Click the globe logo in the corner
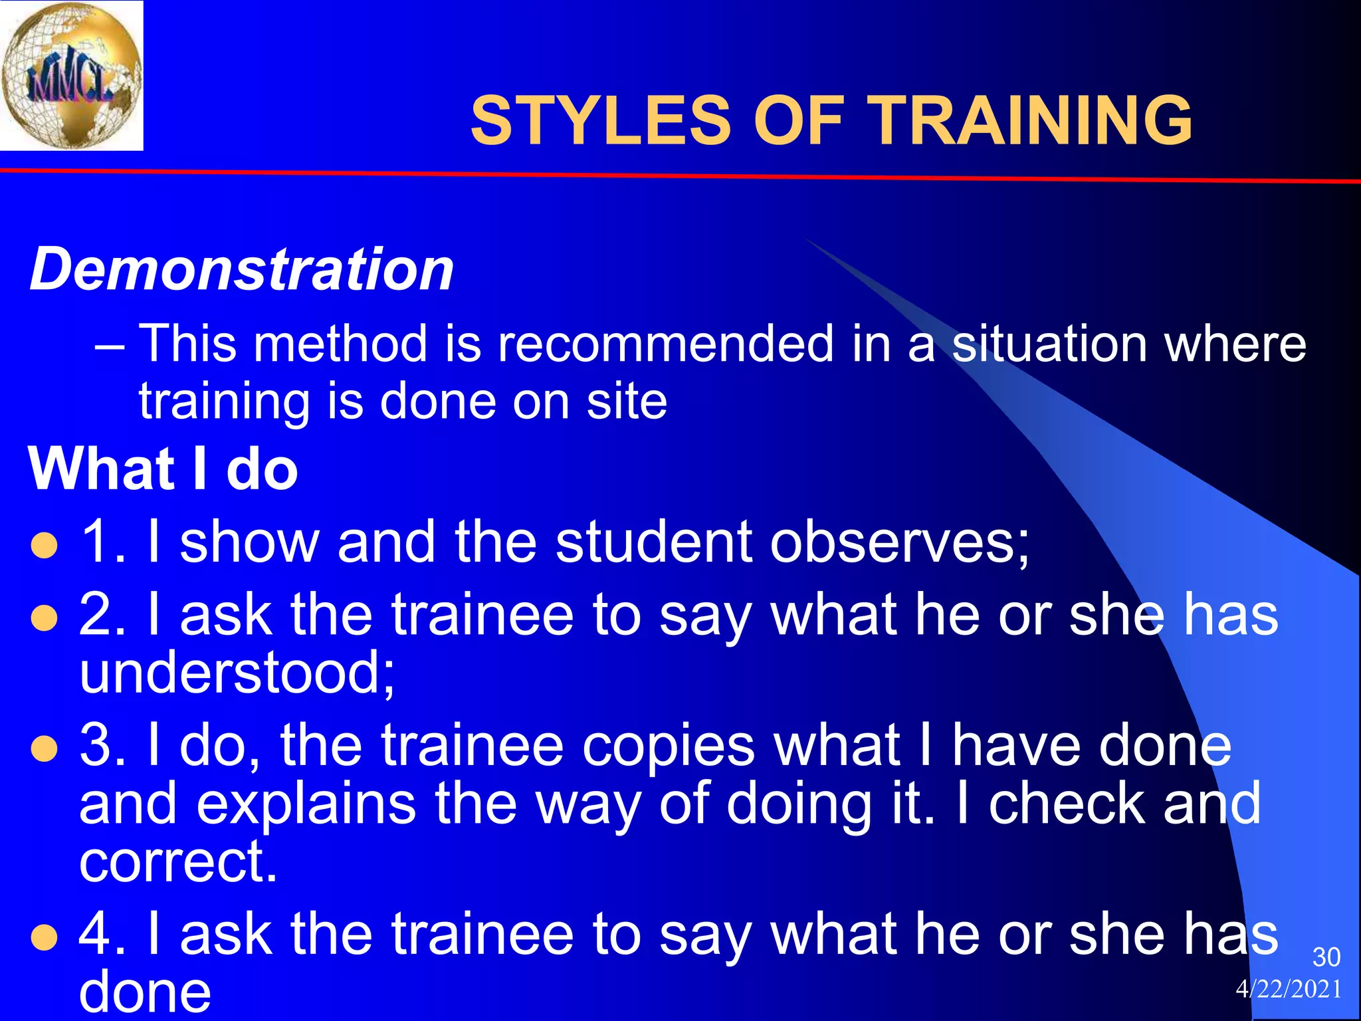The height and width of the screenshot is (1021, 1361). point(71,75)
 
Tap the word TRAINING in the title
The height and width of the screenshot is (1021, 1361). point(1031,121)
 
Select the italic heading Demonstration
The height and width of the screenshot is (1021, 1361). point(242,270)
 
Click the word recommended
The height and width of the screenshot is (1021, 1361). point(665,344)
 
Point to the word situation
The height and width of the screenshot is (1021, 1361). point(1050,344)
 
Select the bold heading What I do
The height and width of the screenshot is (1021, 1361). point(163,469)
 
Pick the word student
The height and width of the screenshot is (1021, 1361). point(653,542)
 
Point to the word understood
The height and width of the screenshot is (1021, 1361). point(237,673)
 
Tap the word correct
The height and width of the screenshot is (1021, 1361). point(177,862)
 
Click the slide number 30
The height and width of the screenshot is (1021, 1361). point(1326,957)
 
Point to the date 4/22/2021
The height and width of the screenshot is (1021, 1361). point(1289,990)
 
